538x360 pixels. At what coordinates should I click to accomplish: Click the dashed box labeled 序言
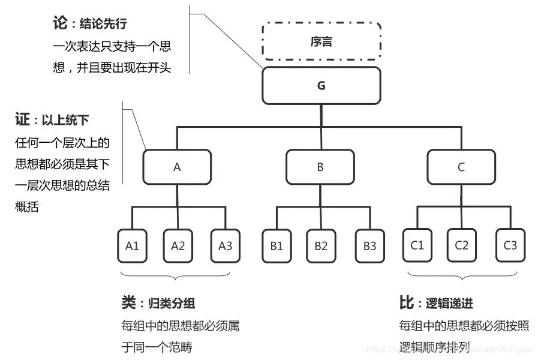point(321,41)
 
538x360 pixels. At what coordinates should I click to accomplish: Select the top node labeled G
point(321,86)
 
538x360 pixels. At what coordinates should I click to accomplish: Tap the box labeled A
point(177,167)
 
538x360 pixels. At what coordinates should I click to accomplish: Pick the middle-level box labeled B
point(320,167)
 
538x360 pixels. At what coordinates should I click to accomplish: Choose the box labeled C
point(461,167)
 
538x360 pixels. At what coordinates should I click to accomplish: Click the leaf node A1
point(133,245)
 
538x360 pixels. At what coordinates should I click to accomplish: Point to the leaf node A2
point(178,245)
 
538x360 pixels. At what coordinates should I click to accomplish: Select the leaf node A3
point(225,245)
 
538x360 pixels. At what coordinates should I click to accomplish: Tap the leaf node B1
point(276,245)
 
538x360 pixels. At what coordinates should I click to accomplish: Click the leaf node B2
point(321,245)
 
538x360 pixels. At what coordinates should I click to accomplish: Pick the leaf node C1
point(417,245)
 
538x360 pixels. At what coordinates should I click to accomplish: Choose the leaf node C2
point(461,245)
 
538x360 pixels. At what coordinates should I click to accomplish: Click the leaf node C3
point(510,245)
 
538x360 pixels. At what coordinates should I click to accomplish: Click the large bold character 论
point(61,25)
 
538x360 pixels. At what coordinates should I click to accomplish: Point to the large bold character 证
point(23,119)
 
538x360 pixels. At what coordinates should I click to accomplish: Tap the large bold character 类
point(129,303)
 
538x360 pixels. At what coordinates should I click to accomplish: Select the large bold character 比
point(407,303)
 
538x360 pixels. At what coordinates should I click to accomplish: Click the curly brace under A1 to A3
point(176,276)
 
